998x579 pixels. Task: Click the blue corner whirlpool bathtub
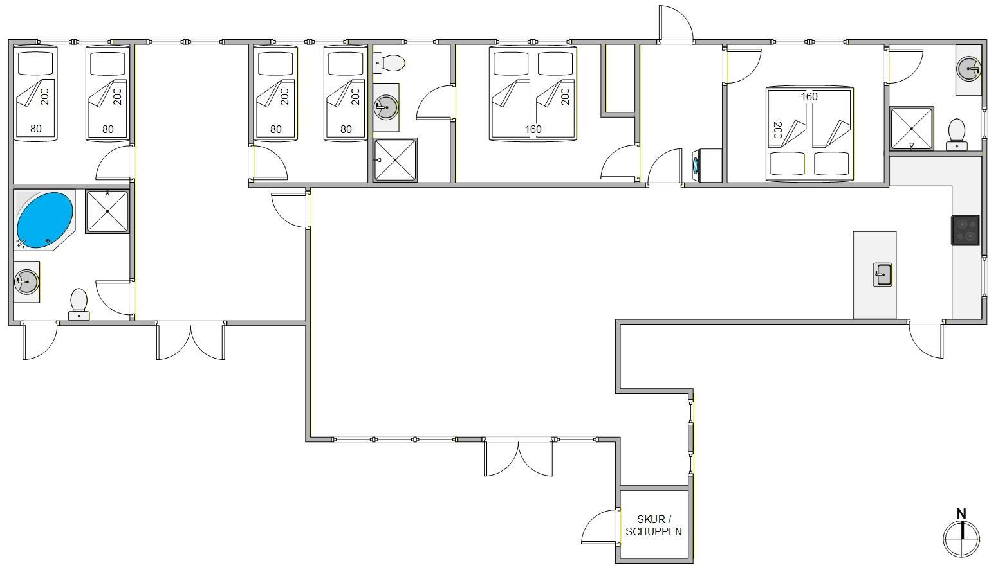coord(44,220)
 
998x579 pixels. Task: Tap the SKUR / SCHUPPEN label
coord(654,525)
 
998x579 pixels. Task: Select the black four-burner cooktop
coord(965,230)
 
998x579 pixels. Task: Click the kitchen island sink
coord(882,274)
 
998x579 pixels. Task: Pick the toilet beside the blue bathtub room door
coord(79,305)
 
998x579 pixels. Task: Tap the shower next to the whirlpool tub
coord(107,211)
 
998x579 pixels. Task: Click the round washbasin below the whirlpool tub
coord(27,281)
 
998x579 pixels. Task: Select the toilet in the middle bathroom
coord(389,63)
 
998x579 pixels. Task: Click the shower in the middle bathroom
coord(395,160)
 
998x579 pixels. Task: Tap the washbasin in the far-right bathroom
coord(968,69)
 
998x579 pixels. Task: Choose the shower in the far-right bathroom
coord(912,129)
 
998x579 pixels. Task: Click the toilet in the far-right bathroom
coord(957,134)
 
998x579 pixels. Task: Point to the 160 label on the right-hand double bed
coord(809,96)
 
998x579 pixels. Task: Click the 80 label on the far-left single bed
coord(35,129)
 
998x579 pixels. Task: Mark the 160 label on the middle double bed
coord(533,129)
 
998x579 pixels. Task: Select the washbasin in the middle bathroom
coord(386,107)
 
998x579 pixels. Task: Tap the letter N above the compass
coord(961,514)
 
